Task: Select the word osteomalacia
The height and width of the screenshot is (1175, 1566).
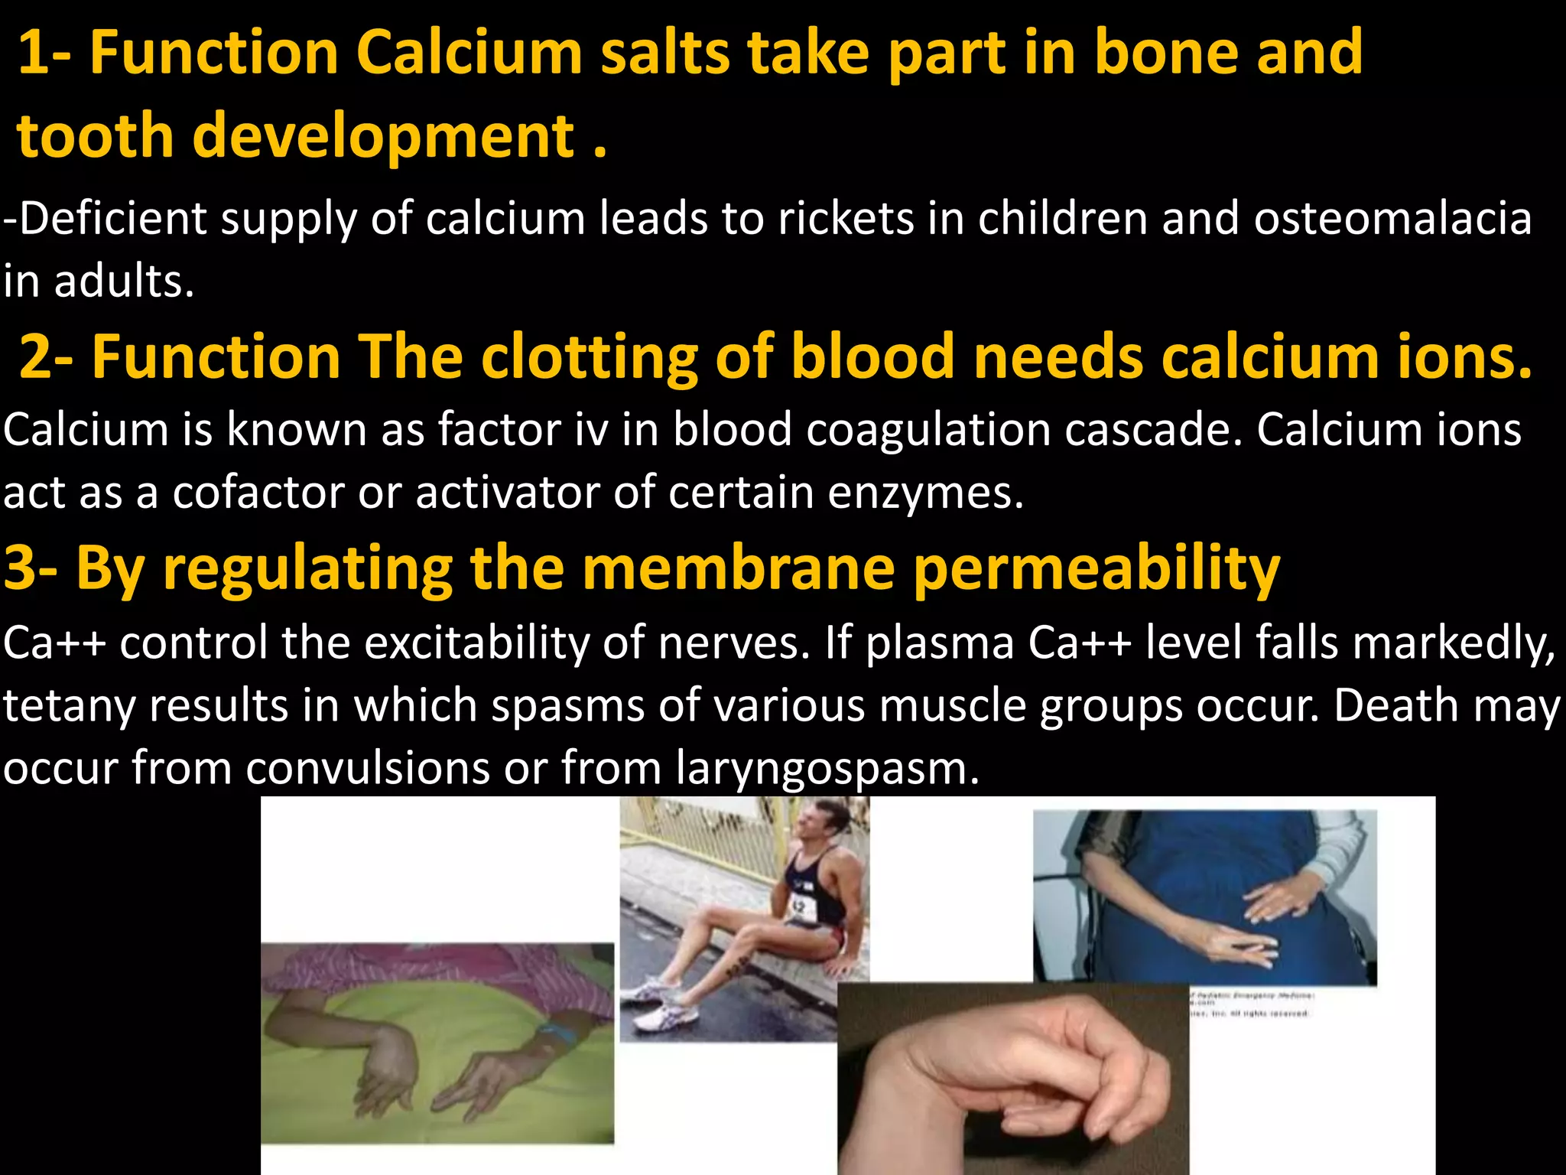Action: tap(1392, 219)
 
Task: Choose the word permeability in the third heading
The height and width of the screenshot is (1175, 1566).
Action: tap(1097, 569)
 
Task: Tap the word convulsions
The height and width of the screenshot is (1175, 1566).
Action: tap(367, 768)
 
